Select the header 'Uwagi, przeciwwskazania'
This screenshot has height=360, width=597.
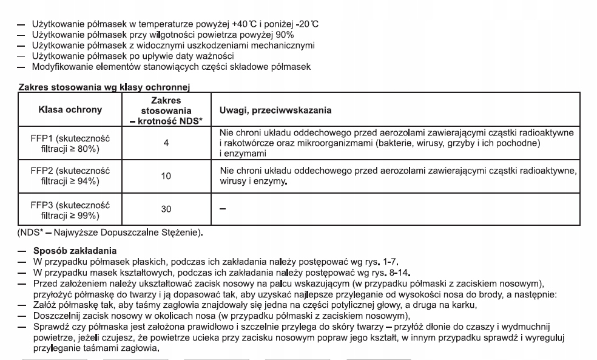275,110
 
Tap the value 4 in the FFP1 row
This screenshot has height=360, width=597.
166,142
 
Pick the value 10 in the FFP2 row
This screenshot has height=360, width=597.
166,176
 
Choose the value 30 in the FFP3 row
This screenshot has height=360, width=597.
166,209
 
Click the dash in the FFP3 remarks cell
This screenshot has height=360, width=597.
221,209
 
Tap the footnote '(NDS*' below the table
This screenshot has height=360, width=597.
29,231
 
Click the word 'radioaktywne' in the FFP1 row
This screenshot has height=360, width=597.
547,132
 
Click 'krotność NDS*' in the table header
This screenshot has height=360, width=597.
166,120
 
